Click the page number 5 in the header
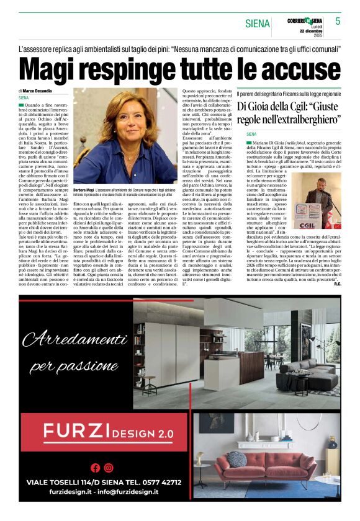[x=338, y=21]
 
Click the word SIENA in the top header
[x=258, y=24]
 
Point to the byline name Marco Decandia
[x=38, y=91]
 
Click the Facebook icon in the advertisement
[x=95, y=468]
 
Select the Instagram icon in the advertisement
[x=109, y=468]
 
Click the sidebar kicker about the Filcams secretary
[x=289, y=93]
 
